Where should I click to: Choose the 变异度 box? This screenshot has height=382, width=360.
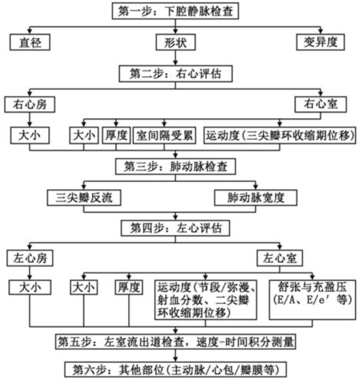pos(321,43)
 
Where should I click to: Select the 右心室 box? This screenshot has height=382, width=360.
pos(318,104)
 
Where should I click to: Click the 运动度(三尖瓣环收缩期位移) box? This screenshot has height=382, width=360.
pos(280,134)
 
